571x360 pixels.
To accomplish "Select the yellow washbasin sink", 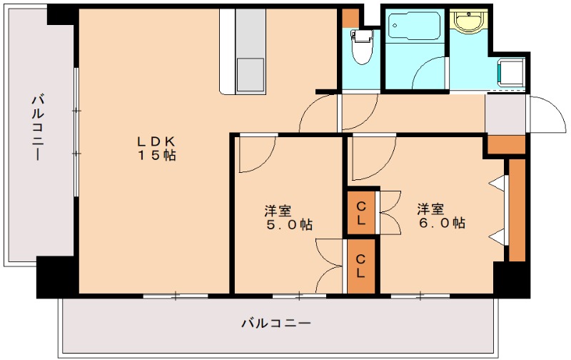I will (470, 22).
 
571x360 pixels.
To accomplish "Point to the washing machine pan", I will (512, 74).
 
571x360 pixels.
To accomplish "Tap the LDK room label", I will (158, 139).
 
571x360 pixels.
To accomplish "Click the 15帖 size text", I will (158, 155).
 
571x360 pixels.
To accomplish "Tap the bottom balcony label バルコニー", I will (276, 324).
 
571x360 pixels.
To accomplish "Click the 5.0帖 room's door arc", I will (256, 154).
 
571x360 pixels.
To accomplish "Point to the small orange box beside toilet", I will (350, 16).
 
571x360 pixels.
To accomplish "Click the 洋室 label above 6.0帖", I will (431, 209).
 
